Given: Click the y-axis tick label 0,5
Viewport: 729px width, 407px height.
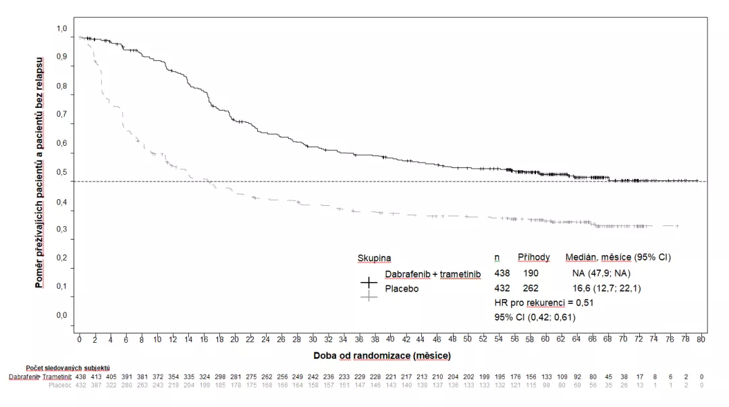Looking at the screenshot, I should point(61,172).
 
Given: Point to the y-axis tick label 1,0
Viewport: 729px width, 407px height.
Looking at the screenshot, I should point(61,29).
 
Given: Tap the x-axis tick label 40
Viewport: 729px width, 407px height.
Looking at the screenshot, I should point(390,338).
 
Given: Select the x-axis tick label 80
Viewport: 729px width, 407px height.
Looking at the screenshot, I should point(701,338).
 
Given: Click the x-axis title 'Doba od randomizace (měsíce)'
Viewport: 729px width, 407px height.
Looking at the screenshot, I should point(381,354).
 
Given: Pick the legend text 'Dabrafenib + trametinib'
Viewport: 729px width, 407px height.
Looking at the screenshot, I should point(433,273).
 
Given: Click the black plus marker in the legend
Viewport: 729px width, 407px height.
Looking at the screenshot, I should point(369,282).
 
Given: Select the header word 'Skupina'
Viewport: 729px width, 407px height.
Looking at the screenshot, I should point(374,258).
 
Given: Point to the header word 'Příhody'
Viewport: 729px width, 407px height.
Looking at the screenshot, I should point(533,257).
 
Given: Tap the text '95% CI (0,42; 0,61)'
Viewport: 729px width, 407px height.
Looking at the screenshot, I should point(535,317).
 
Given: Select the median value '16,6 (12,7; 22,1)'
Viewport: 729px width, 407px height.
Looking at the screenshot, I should point(607,288).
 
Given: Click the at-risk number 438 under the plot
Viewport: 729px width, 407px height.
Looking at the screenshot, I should point(80,376).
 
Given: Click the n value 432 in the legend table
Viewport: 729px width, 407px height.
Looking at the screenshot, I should point(503,288).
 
